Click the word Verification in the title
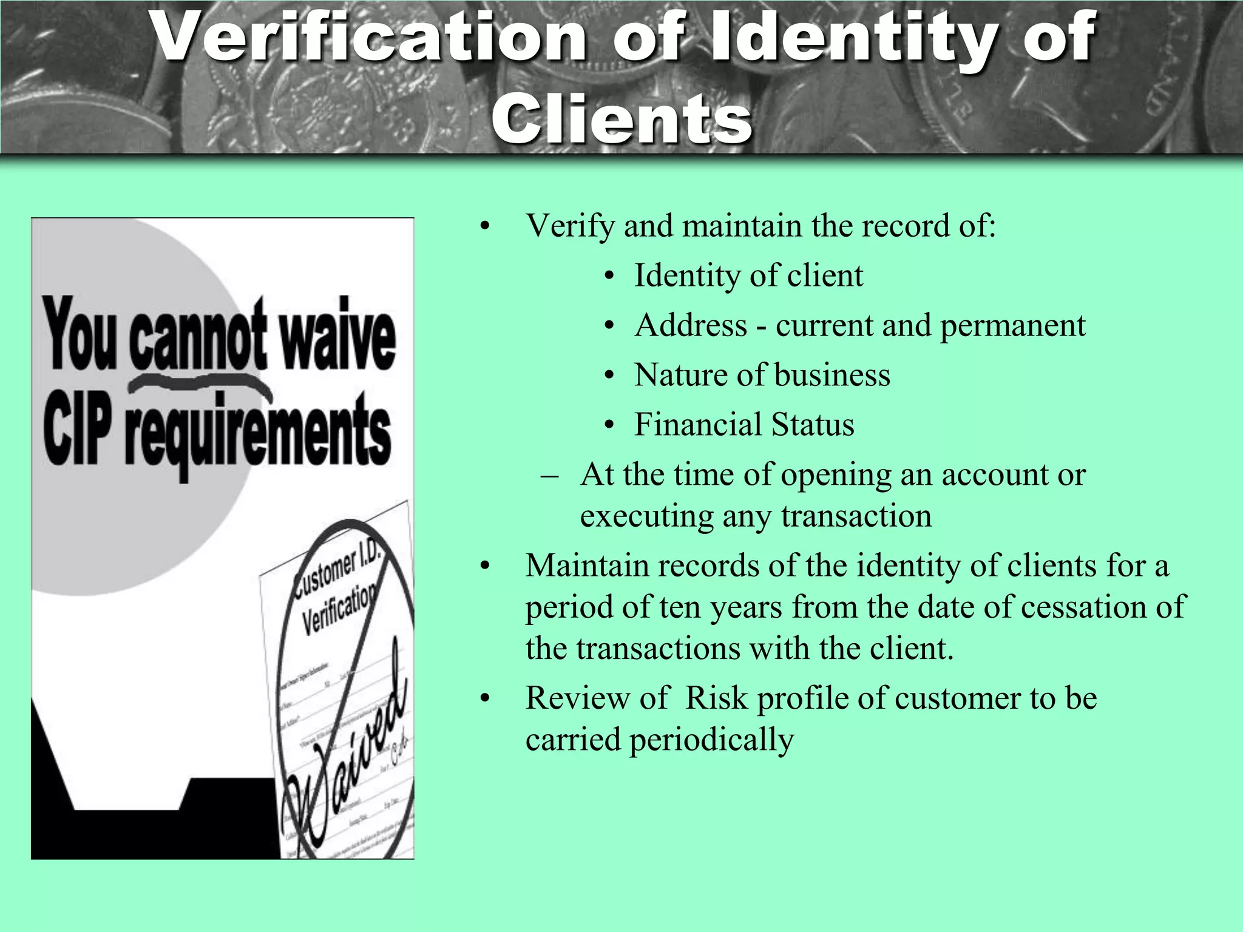pyautogui.click(x=370, y=38)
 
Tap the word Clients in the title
pyautogui.click(x=621, y=118)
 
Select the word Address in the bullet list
pyautogui.click(x=691, y=325)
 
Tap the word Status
pyautogui.click(x=813, y=424)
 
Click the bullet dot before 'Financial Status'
pyautogui.click(x=609, y=425)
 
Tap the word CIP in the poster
pyautogui.click(x=78, y=431)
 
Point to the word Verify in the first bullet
pyautogui.click(x=570, y=226)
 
